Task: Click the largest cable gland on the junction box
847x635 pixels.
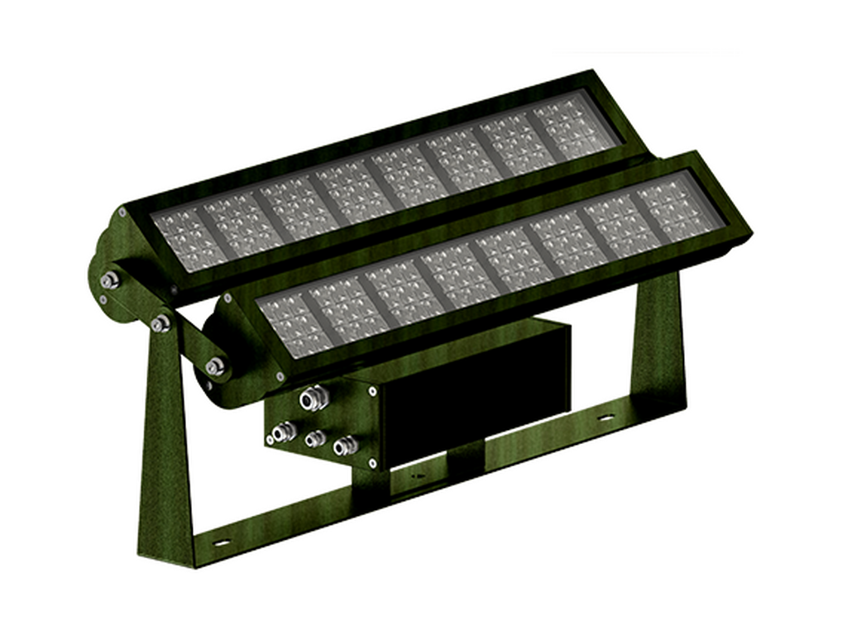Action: pyautogui.click(x=312, y=399)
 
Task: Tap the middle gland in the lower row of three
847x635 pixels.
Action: pyautogui.click(x=313, y=439)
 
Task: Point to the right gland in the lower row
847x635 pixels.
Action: pyautogui.click(x=344, y=447)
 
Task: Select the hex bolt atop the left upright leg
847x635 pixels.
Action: pyautogui.click(x=160, y=322)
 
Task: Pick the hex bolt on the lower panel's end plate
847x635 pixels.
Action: pyautogui.click(x=216, y=365)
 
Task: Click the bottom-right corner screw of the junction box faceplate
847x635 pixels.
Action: pyautogui.click(x=372, y=462)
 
